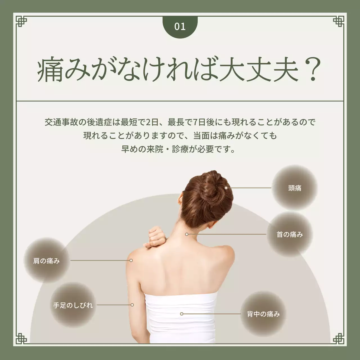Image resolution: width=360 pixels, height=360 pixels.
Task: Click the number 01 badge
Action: (180, 27)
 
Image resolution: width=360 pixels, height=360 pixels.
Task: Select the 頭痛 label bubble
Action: (295, 188)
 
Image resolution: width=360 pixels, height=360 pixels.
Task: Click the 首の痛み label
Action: (290, 234)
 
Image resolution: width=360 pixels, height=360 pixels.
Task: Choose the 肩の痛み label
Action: (46, 261)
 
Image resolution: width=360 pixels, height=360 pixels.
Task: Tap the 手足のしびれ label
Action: (73, 305)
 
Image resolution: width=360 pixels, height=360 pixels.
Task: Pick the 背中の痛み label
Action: (263, 314)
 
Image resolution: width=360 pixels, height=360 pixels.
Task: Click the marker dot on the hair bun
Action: (226, 188)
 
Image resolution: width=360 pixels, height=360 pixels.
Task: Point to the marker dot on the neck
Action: (186, 234)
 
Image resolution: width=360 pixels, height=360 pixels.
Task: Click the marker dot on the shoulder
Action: (131, 260)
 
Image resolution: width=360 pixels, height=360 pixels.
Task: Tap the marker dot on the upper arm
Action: (132, 305)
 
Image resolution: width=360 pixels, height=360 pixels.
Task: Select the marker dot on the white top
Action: (182, 314)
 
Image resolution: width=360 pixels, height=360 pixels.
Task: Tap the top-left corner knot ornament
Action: (21, 21)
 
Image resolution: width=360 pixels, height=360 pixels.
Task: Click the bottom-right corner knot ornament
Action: (339, 339)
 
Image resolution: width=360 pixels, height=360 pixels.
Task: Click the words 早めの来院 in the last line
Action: (142, 149)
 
